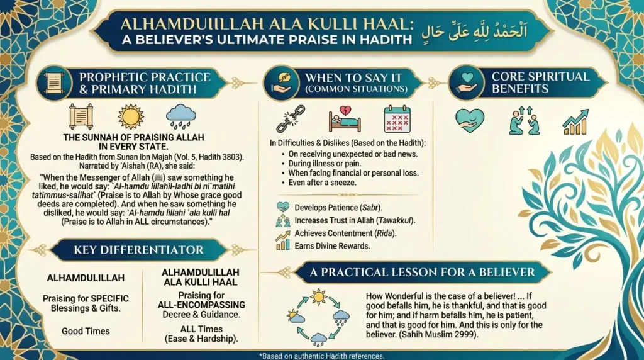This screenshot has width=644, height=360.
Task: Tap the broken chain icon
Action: pos(291,119)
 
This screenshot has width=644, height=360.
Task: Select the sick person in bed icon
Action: pos(345,119)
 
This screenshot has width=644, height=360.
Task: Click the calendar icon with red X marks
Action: pos(397,119)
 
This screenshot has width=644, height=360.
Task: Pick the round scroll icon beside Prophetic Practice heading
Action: pos(54,83)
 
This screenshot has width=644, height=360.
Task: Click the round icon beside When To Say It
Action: pos(281,82)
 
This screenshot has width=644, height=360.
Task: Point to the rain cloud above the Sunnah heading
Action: pos(180,116)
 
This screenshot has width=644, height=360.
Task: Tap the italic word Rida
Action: pos(384,233)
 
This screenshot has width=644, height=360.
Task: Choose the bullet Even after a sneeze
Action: pos(319,183)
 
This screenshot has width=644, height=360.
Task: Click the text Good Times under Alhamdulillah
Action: pos(86,331)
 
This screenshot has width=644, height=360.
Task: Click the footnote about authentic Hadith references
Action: pos(321,356)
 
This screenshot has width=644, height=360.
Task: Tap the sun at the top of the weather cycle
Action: pos(318,297)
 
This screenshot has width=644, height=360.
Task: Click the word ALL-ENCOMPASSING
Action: pos(201,305)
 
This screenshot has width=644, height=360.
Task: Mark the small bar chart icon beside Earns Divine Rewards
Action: pos(282,245)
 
